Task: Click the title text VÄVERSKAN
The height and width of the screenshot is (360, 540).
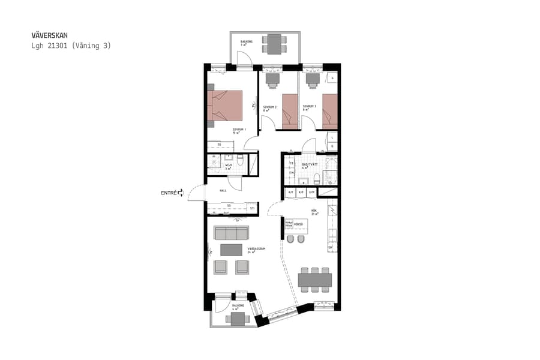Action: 53,35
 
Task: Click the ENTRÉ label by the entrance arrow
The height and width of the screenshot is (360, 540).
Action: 169,193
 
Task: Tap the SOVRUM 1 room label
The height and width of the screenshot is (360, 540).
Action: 240,130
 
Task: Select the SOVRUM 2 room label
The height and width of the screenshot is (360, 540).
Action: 269,107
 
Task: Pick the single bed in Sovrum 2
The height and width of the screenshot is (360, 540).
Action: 290,111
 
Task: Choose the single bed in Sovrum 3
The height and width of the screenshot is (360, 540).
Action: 329,111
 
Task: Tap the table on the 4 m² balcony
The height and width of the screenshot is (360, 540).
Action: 238,319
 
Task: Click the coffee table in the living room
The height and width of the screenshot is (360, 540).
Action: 231,250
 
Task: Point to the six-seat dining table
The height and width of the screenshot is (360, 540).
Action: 314,280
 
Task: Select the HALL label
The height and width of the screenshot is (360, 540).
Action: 222,190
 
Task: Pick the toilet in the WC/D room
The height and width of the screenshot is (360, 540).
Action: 240,161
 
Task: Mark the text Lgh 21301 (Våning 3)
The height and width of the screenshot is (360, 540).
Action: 71,46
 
